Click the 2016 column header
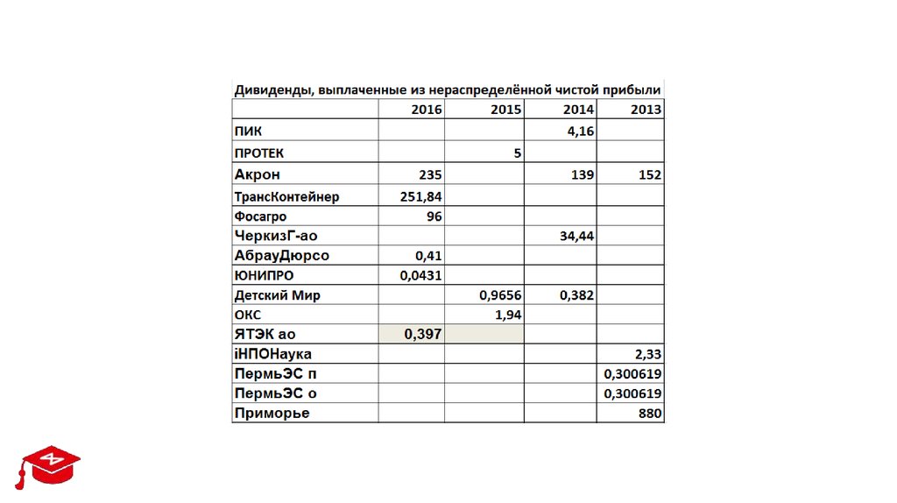pyautogui.click(x=426, y=110)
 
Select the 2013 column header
pyautogui.click(x=646, y=110)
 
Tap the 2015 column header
pyautogui.click(x=505, y=110)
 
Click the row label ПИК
pyautogui.click(x=248, y=131)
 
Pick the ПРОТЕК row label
pyautogui.click(x=259, y=152)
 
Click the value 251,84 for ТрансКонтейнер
pyautogui.click(x=420, y=196)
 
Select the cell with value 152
pyautogui.click(x=649, y=174)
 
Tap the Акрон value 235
pyautogui.click(x=430, y=174)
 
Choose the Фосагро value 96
pyautogui.click(x=434, y=216)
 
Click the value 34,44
pyautogui.click(x=576, y=236)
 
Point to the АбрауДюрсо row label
pyautogui.click(x=281, y=256)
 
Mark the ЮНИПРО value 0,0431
pyautogui.click(x=420, y=275)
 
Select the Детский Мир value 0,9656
pyautogui.click(x=500, y=295)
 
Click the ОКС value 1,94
pyautogui.click(x=508, y=314)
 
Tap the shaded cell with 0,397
pyautogui.click(x=422, y=334)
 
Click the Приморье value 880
pyautogui.click(x=649, y=413)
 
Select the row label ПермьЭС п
pyautogui.click(x=275, y=374)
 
